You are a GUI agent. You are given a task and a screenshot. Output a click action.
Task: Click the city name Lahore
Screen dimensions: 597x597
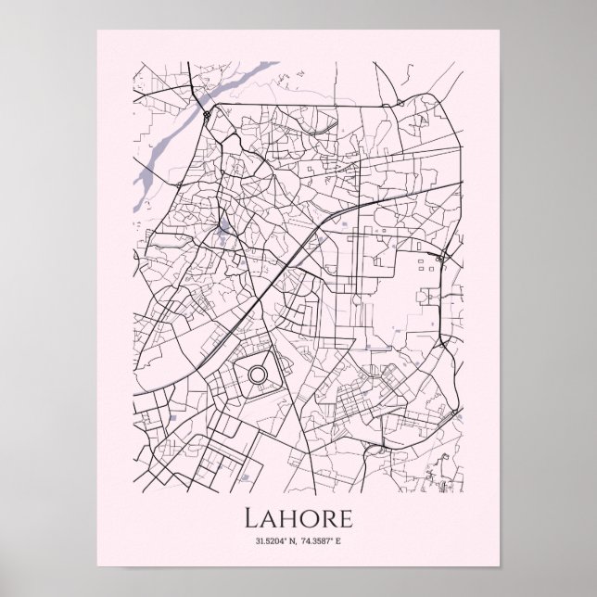pos(298,515)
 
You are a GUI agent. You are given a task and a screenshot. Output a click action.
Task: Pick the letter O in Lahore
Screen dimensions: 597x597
pos(306,515)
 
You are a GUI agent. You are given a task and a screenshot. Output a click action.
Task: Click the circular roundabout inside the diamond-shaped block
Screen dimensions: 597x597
pos(257,375)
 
